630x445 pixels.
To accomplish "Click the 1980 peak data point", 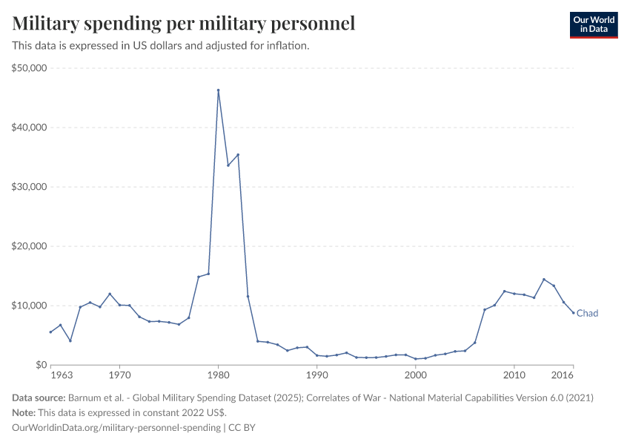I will pyautogui.click(x=218, y=90).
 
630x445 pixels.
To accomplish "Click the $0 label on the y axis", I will pyautogui.click(x=40, y=365).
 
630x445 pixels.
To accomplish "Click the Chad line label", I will pyautogui.click(x=587, y=314).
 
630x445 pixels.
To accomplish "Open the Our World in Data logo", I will pyautogui.click(x=593, y=24).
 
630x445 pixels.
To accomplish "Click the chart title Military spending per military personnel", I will pyautogui.click(x=184, y=24).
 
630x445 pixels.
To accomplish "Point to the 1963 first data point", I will pyautogui.click(x=50, y=332).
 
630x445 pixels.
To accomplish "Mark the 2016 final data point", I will pyautogui.click(x=574, y=312).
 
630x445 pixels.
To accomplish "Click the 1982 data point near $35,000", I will pyautogui.click(x=238, y=155).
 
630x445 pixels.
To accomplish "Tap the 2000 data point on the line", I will pyautogui.click(x=416, y=359).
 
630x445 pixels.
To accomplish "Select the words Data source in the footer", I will pyautogui.click(x=38, y=398).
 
